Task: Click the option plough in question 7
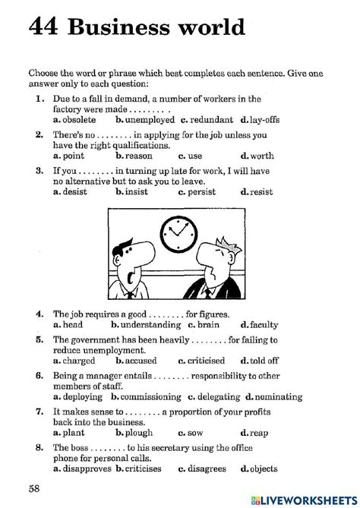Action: [139, 433]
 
